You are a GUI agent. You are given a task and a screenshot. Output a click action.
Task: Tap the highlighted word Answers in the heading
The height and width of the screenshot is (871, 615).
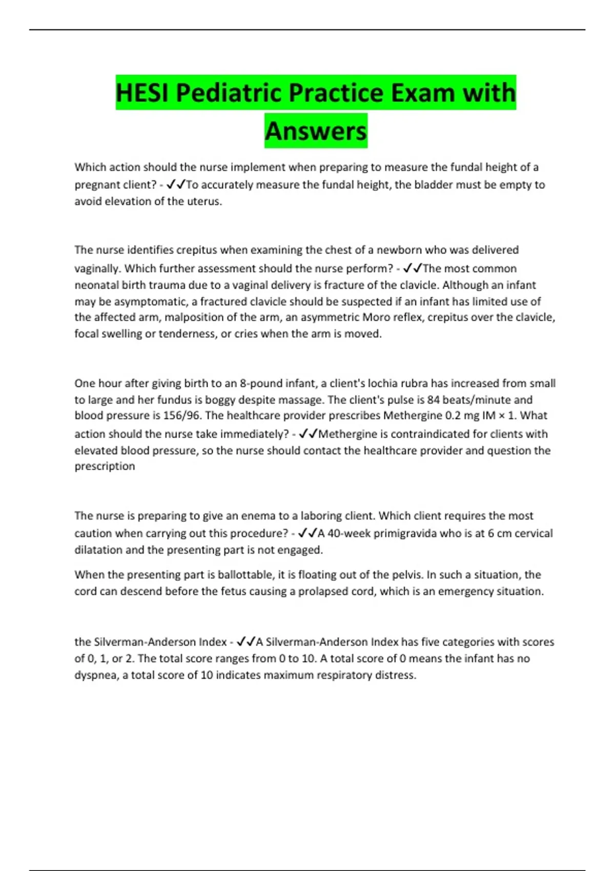(x=316, y=131)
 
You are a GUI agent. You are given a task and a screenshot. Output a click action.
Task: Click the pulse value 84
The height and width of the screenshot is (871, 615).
(x=434, y=400)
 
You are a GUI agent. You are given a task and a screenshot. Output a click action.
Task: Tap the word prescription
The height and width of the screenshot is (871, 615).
(x=105, y=466)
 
